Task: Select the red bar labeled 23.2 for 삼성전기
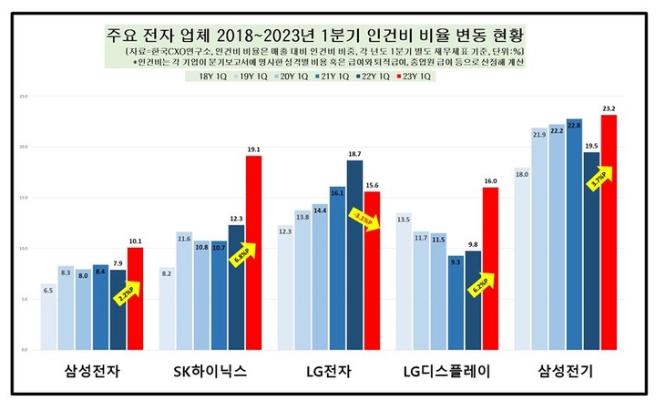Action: coord(609,232)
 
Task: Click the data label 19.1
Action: coord(254,149)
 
